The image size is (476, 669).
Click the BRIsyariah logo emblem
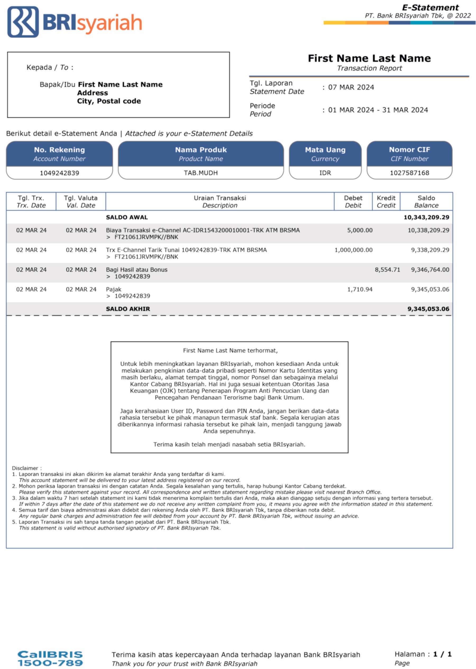tap(23, 22)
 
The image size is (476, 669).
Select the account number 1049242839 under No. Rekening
tap(59, 173)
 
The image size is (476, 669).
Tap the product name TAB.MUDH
tap(201, 173)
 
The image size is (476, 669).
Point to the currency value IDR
tap(325, 173)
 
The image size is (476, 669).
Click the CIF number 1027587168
tap(409, 173)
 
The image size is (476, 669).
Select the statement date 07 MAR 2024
tap(351, 87)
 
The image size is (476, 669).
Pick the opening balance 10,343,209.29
tap(426, 217)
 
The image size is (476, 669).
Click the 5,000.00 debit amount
tap(360, 230)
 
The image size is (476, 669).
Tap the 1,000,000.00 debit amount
tap(354, 250)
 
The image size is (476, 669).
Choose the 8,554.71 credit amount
tap(387, 270)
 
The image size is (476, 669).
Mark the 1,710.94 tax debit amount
tap(360, 289)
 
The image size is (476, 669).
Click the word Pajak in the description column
tap(114, 289)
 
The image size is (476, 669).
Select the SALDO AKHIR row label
tap(128, 309)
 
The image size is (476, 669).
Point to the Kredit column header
tap(386, 201)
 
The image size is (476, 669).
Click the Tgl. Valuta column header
tap(81, 201)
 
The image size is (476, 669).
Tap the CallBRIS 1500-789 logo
tap(50, 658)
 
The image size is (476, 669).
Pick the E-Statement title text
tap(430, 8)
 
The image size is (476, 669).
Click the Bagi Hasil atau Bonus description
tap(137, 270)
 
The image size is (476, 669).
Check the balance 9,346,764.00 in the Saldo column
tap(430, 270)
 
